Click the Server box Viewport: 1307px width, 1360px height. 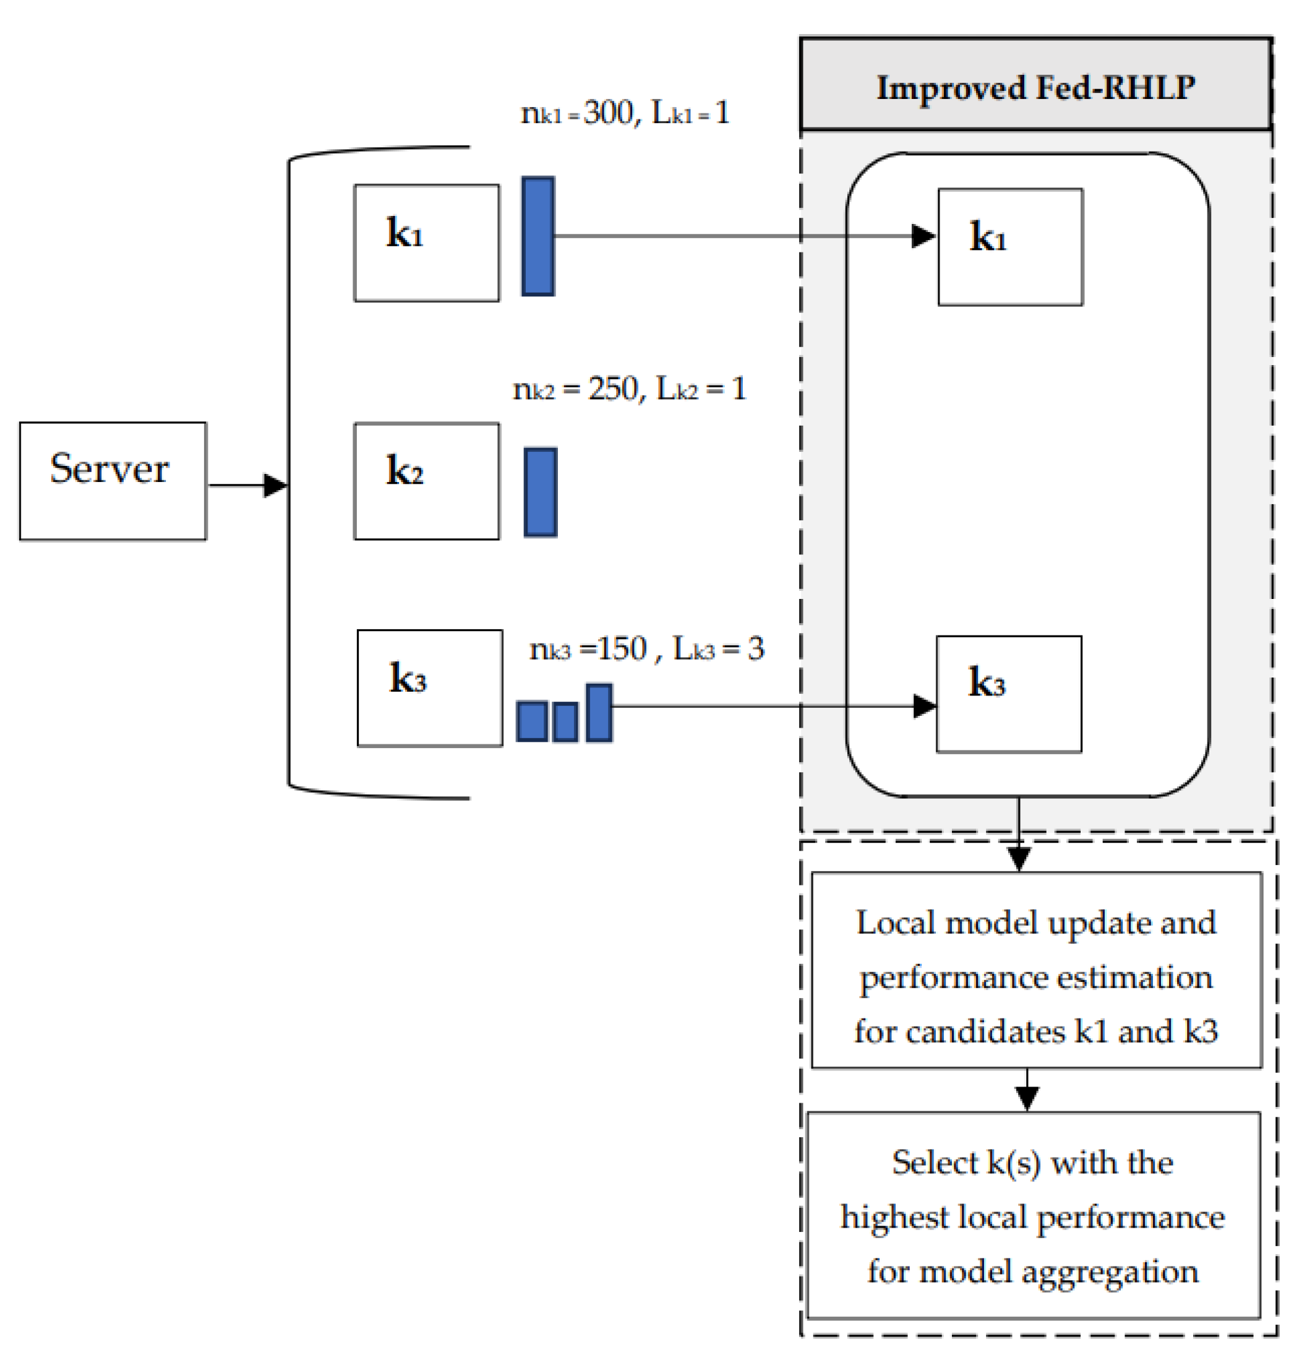[x=113, y=481]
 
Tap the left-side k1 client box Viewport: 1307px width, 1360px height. [x=426, y=242]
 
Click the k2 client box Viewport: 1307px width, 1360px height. [x=426, y=481]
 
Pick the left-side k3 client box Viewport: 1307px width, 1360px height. [x=429, y=687]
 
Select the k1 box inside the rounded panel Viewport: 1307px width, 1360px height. [x=1010, y=246]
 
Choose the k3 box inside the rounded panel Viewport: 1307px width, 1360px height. [x=1009, y=694]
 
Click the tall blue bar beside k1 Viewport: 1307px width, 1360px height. [x=538, y=236]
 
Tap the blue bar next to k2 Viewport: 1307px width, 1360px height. [x=540, y=492]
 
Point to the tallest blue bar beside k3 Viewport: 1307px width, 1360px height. [x=599, y=713]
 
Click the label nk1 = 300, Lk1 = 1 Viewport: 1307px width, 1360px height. [x=624, y=113]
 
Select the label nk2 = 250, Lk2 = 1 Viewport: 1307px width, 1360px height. [x=629, y=389]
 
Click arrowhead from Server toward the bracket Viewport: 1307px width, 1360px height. [x=275, y=485]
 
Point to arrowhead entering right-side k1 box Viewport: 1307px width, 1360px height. [x=923, y=236]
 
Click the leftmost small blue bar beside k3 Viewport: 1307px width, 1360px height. [x=531, y=721]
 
